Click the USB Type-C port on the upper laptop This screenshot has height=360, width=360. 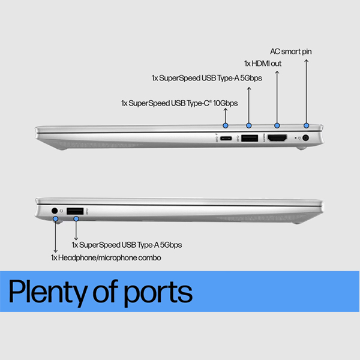226,138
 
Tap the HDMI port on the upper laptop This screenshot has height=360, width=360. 277,138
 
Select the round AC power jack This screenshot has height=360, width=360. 305,138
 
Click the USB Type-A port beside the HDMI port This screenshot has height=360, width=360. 250,138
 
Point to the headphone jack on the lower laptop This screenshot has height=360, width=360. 55,211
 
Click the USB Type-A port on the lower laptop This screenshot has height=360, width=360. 75,211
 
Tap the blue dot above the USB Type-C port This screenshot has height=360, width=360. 226,125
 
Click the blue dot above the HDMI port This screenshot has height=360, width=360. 277,125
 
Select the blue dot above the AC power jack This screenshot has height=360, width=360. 306,125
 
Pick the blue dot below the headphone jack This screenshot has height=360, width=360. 55,219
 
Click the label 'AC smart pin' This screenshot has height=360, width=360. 290,52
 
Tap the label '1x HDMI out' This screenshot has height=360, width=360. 263,64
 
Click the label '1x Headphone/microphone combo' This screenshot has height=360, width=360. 106,257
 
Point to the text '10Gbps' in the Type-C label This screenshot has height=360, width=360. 226,103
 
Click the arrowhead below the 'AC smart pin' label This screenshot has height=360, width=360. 306,61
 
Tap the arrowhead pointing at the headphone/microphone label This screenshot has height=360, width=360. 55,251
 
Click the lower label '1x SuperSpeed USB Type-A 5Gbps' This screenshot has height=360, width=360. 127,245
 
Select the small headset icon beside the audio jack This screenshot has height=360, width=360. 61,211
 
